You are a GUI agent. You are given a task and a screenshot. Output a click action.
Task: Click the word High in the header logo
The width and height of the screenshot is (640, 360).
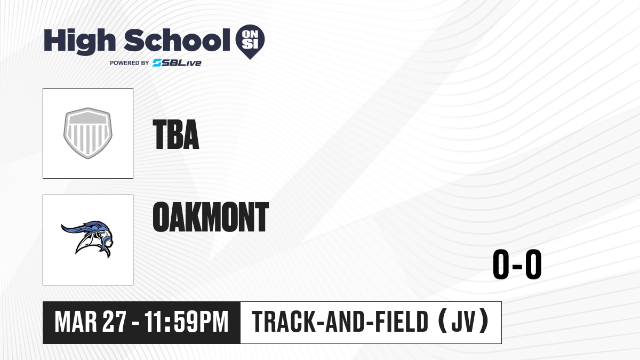tap(79, 42)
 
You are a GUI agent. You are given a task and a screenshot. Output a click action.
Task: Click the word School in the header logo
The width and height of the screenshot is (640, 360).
tap(177, 40)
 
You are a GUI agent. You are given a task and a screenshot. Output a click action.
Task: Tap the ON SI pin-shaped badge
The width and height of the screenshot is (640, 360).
tap(250, 42)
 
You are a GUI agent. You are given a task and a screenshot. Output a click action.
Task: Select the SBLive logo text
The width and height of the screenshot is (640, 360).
tap(177, 63)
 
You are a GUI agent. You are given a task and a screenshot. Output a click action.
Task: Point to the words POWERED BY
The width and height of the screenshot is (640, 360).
tap(130, 63)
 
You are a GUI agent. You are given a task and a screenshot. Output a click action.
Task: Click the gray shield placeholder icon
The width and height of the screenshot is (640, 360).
tap(87, 133)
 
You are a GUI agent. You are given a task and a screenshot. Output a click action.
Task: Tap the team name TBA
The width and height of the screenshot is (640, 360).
tap(176, 134)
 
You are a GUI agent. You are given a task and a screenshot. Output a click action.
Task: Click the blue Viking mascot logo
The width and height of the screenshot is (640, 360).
tap(87, 239)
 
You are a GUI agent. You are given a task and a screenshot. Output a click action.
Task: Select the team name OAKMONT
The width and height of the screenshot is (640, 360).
tap(211, 217)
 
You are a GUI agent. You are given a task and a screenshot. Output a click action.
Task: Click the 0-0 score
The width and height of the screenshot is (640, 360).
tap(517, 265)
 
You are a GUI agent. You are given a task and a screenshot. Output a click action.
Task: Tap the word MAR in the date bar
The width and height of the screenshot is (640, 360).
tap(76, 322)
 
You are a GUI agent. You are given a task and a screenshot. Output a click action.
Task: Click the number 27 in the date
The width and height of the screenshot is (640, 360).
tap(114, 322)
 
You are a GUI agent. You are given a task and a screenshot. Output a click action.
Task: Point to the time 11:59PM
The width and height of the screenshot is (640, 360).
tap(187, 322)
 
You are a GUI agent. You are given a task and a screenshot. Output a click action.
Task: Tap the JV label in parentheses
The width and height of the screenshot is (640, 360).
tap(463, 322)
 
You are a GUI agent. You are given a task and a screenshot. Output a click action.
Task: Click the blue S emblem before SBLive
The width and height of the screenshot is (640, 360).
tap(157, 63)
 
